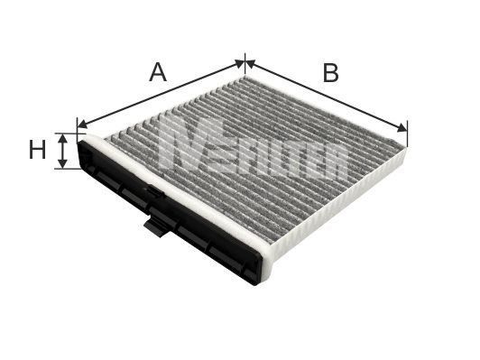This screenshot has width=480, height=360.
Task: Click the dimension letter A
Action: coord(158,72)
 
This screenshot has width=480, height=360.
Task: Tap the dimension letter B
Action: coord(330,73)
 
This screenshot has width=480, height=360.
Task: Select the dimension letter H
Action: coord(37,151)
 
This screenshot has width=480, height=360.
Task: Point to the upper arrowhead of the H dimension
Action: coord(62,135)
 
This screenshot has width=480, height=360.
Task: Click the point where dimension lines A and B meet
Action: coord(245,62)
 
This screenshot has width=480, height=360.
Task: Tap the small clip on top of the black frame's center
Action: coord(152,190)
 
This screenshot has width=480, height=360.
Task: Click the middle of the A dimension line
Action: coord(162,93)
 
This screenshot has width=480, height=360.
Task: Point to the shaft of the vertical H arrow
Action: coord(62,151)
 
